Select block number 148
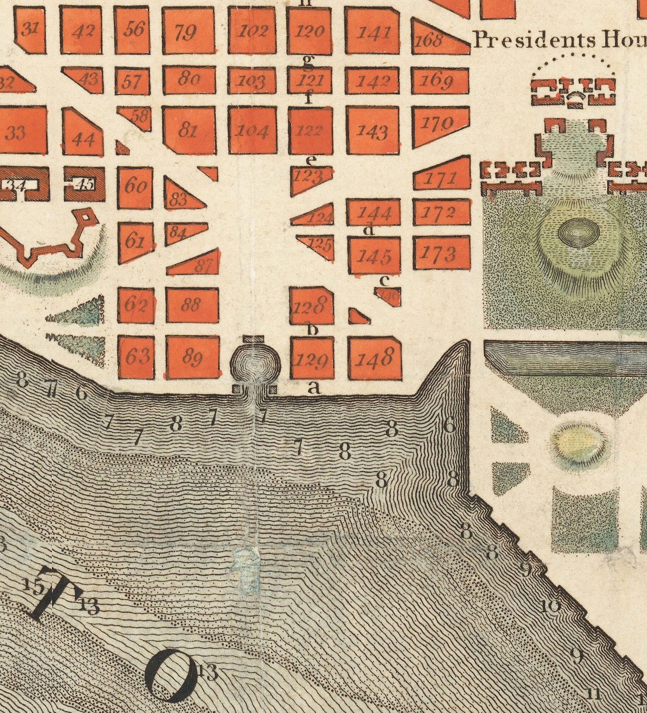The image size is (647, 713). (x=375, y=358)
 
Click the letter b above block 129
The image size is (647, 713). (x=312, y=330)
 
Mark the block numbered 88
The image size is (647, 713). (x=192, y=304)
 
